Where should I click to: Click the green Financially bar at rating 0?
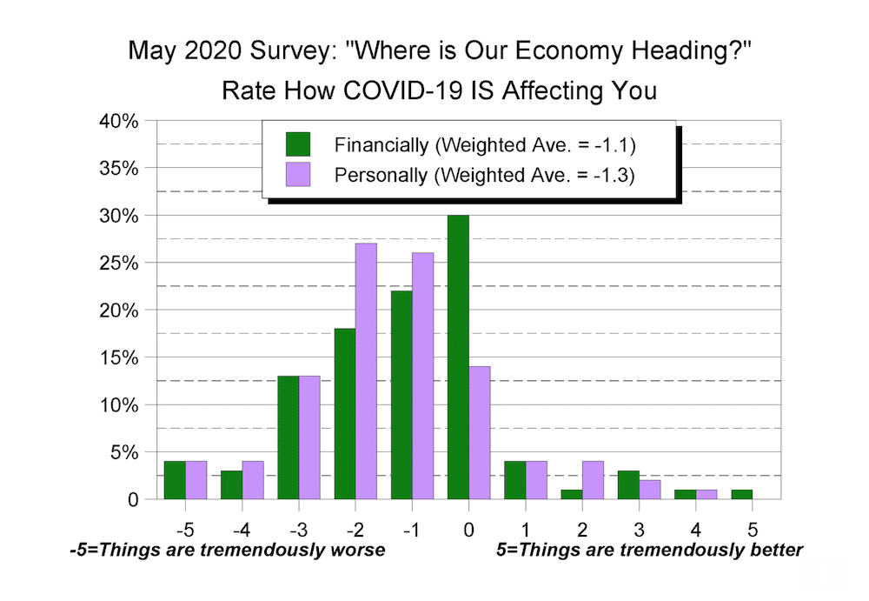(458, 357)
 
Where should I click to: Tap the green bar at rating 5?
(741, 494)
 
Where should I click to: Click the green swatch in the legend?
(297, 144)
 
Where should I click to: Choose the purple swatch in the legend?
(297, 174)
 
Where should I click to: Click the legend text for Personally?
(485, 175)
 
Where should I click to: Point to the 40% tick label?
(119, 121)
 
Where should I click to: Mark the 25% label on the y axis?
(119, 263)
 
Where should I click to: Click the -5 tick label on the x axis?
(184, 528)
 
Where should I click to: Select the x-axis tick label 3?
(639, 528)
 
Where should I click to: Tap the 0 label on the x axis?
(468, 528)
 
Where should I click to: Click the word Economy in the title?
(527, 51)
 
